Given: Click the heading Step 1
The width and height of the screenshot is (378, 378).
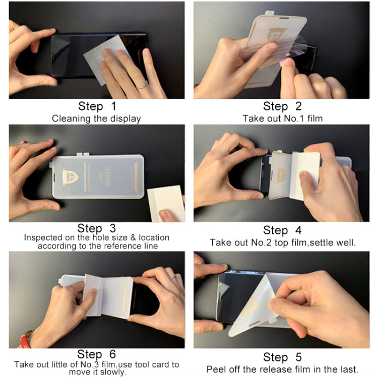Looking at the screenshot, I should coord(97,106).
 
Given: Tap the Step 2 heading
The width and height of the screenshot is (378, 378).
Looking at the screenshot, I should coord(282,106).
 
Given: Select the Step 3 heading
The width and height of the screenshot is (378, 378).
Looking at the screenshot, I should coord(97,229).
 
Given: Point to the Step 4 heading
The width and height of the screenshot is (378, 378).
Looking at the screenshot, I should coord(282,230).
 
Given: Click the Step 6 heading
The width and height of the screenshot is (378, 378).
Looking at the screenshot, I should coord(97,354).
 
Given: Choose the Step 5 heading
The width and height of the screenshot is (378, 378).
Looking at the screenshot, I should coord(282,357).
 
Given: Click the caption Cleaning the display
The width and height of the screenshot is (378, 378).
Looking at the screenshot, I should coord(96,119).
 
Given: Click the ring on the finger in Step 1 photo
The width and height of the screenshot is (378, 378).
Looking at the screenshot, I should coord(143,86).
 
